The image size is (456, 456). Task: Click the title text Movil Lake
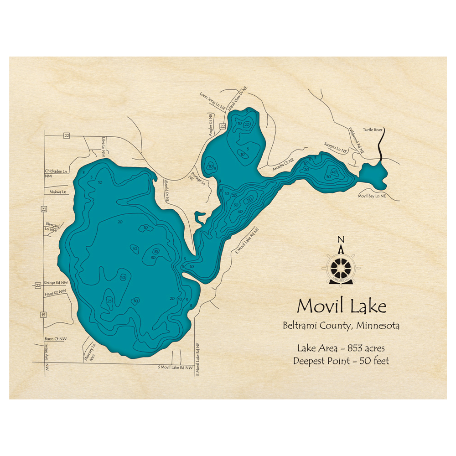coord(342,306)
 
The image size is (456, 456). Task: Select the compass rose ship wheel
coord(341,267)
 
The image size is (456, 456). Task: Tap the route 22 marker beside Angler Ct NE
coord(223,126)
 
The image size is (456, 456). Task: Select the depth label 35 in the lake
coord(155,251)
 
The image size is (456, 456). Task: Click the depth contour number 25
coord(109,301)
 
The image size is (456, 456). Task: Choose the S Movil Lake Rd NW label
coord(175,367)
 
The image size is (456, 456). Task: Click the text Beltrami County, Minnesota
coord(341,326)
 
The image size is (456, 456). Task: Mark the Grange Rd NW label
coord(56,283)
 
